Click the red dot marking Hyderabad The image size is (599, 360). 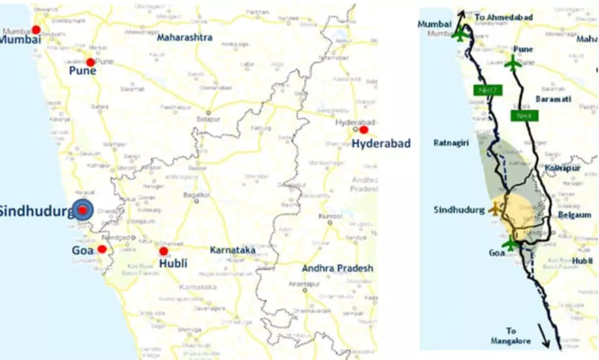click(x=363, y=129)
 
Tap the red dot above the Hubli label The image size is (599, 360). click(x=163, y=251)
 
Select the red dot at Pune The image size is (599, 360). click(x=90, y=62)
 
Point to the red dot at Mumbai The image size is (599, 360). click(x=36, y=30)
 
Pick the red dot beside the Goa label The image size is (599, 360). click(x=102, y=249)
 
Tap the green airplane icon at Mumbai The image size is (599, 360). click(x=460, y=34)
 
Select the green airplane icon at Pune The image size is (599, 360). click(x=512, y=62)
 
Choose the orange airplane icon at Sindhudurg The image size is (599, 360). click(x=496, y=209)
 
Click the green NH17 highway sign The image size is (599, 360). click(x=488, y=90)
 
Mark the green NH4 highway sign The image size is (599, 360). click(x=524, y=116)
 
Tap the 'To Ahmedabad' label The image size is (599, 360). click(x=504, y=17)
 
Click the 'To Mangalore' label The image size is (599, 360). click(x=511, y=336)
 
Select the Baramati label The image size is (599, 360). click(x=553, y=99)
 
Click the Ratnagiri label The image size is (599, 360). click(x=451, y=143)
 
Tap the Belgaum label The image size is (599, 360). click(x=574, y=215)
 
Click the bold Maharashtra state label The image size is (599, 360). click(x=184, y=38)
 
